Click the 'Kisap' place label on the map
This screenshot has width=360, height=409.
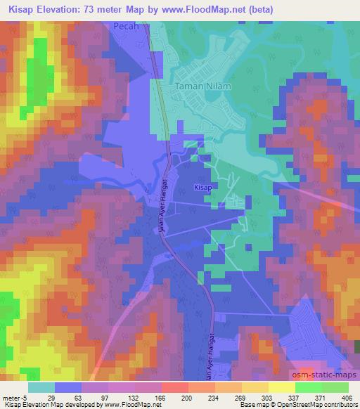[x=202, y=188]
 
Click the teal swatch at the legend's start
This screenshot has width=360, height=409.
[x=41, y=387]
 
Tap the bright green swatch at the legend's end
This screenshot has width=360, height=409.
[x=334, y=387]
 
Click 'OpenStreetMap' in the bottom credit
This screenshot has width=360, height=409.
[x=301, y=405]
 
